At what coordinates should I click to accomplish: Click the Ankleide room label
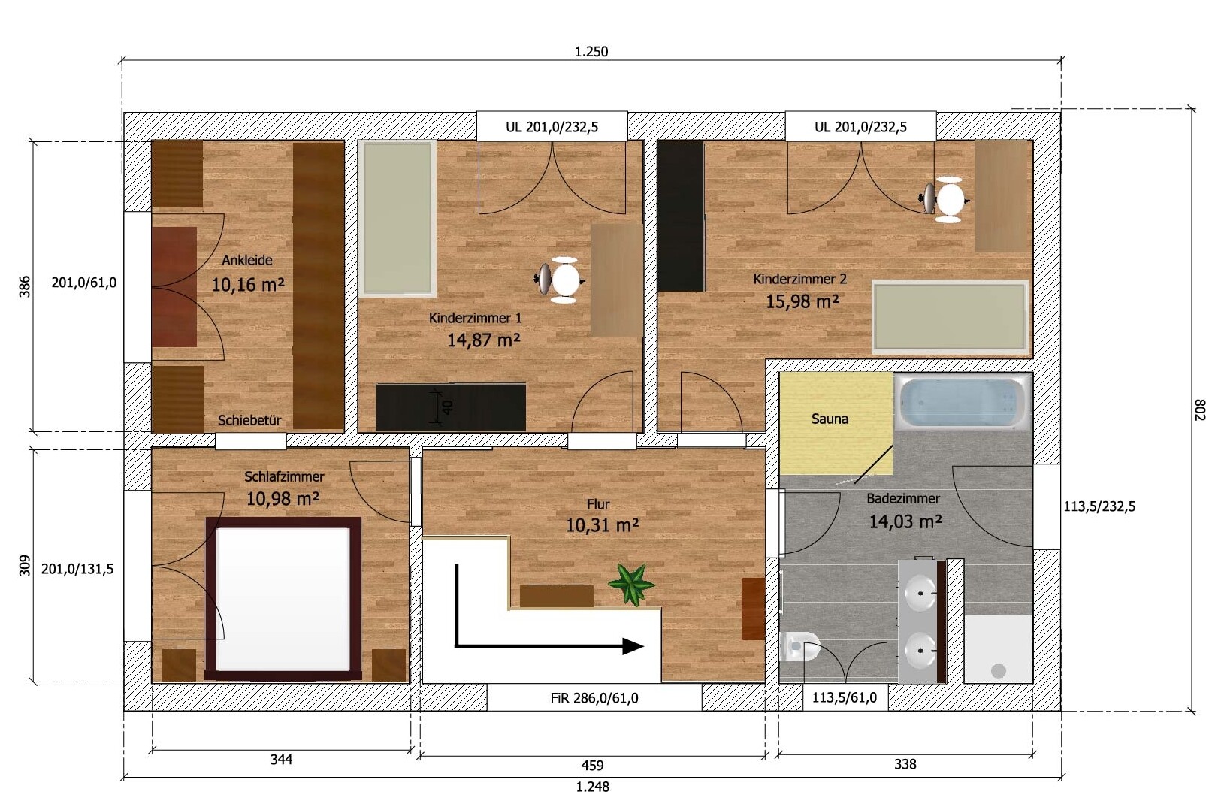247,261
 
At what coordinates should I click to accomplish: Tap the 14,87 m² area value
483,340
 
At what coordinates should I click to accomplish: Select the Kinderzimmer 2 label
799,279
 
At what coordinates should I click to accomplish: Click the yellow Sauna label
830,419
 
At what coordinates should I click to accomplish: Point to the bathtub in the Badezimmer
963,402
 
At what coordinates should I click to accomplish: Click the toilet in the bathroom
799,645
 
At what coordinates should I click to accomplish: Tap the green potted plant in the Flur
631,584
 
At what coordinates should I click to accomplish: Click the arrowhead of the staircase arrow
633,646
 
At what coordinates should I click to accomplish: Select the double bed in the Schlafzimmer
283,599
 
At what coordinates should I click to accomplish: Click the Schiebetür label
249,421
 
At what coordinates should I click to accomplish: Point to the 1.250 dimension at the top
591,52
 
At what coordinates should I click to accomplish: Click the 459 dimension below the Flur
592,765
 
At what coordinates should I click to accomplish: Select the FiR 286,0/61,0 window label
594,698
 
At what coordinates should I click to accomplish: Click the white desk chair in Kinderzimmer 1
561,280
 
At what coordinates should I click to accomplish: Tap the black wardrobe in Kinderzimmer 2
681,216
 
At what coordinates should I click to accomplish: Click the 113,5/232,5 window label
1099,506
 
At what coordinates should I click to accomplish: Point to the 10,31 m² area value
602,525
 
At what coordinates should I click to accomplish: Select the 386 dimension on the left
25,286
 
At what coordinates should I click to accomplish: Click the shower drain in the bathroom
999,671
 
